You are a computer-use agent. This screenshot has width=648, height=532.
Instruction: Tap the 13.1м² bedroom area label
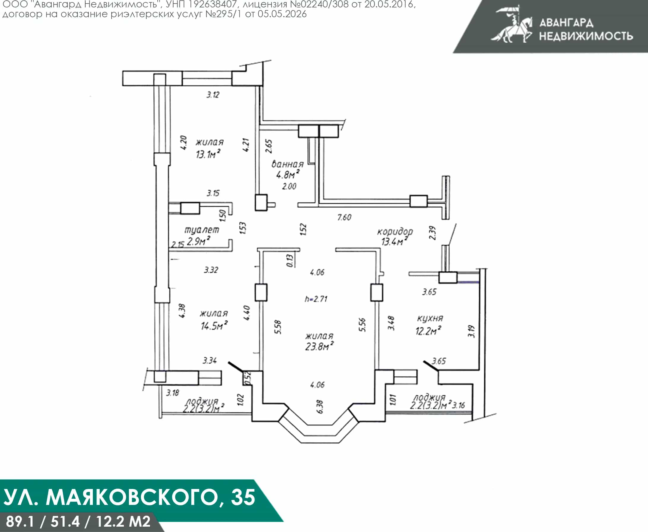[x=208, y=153]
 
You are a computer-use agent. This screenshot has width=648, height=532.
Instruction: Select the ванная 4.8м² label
[x=287, y=169]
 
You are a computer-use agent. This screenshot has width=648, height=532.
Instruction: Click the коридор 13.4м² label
[x=395, y=236]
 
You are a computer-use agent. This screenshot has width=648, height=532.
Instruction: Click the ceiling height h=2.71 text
[x=316, y=298]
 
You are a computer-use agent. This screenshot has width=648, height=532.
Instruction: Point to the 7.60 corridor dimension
[x=344, y=217]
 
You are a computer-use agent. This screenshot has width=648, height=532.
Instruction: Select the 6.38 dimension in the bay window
[x=320, y=407]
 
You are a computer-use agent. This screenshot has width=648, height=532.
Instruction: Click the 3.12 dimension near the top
[x=213, y=95]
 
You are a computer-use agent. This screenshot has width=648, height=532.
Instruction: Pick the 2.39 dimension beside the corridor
[x=432, y=233]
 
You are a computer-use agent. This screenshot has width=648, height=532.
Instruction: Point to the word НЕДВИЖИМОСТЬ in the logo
[x=586, y=36]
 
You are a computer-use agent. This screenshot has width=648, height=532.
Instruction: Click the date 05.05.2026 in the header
[x=282, y=14]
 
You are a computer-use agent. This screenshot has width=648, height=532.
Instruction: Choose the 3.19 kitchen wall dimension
[x=471, y=332]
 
